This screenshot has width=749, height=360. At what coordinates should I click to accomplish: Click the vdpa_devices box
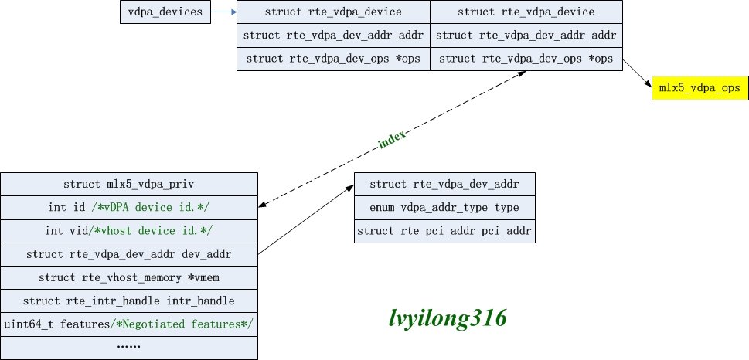[165, 12]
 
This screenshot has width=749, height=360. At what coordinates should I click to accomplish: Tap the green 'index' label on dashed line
[392, 144]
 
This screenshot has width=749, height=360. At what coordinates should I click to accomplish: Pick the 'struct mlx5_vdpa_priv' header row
[129, 185]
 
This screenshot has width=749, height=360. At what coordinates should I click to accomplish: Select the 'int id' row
[129, 208]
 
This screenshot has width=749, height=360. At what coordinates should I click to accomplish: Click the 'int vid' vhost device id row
[129, 231]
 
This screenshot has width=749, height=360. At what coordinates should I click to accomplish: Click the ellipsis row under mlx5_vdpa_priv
[129, 347]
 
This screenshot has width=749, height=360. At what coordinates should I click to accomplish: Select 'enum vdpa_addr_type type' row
[444, 208]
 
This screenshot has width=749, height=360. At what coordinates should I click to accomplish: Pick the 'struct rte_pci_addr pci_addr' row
[444, 231]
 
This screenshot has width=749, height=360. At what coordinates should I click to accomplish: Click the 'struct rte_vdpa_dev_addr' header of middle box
[444, 185]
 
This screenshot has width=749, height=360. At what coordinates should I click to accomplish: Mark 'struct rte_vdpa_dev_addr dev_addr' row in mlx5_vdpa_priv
[129, 254]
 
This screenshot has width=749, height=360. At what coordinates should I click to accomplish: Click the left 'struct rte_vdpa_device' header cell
[333, 12]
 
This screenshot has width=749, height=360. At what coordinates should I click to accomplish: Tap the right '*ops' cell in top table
[526, 59]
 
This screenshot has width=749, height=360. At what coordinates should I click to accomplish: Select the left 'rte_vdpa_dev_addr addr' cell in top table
[333, 36]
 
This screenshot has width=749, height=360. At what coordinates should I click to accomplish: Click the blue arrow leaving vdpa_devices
[223, 12]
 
